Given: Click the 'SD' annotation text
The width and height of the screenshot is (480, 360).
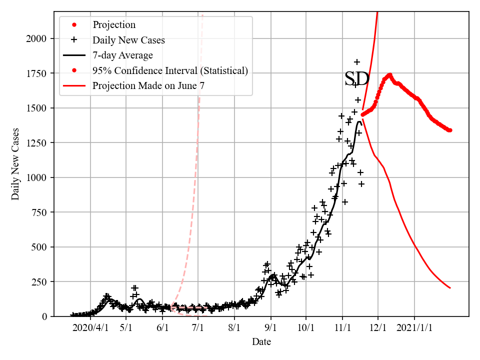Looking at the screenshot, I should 357,79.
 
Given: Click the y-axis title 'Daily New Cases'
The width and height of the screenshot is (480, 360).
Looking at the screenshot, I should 15,163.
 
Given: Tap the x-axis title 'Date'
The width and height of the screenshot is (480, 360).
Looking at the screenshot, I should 261,342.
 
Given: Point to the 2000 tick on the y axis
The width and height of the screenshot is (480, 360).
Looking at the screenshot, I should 39,38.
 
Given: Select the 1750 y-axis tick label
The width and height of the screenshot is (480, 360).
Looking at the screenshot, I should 39,73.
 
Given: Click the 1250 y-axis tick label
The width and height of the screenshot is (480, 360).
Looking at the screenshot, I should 39,143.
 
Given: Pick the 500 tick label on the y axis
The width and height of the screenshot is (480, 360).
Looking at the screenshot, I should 42,247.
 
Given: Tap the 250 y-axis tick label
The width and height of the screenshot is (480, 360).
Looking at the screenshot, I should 42,282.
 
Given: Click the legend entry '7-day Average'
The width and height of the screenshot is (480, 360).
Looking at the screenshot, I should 122,55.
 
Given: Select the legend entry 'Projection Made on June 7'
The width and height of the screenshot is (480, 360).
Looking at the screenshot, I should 148,86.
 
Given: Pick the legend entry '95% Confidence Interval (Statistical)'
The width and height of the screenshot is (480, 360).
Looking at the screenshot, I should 170,70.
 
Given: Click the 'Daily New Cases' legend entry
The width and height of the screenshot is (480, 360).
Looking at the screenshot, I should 128,39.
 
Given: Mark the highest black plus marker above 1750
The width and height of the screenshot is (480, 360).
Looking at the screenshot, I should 357,62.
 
